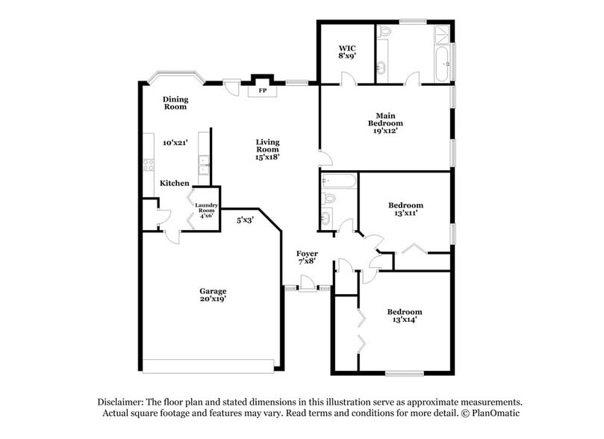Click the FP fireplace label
(x=262, y=91)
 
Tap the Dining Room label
(x=175, y=103)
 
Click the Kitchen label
(x=175, y=183)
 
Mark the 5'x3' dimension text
(x=245, y=220)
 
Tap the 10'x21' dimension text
(x=175, y=142)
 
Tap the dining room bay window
(x=175, y=78)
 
